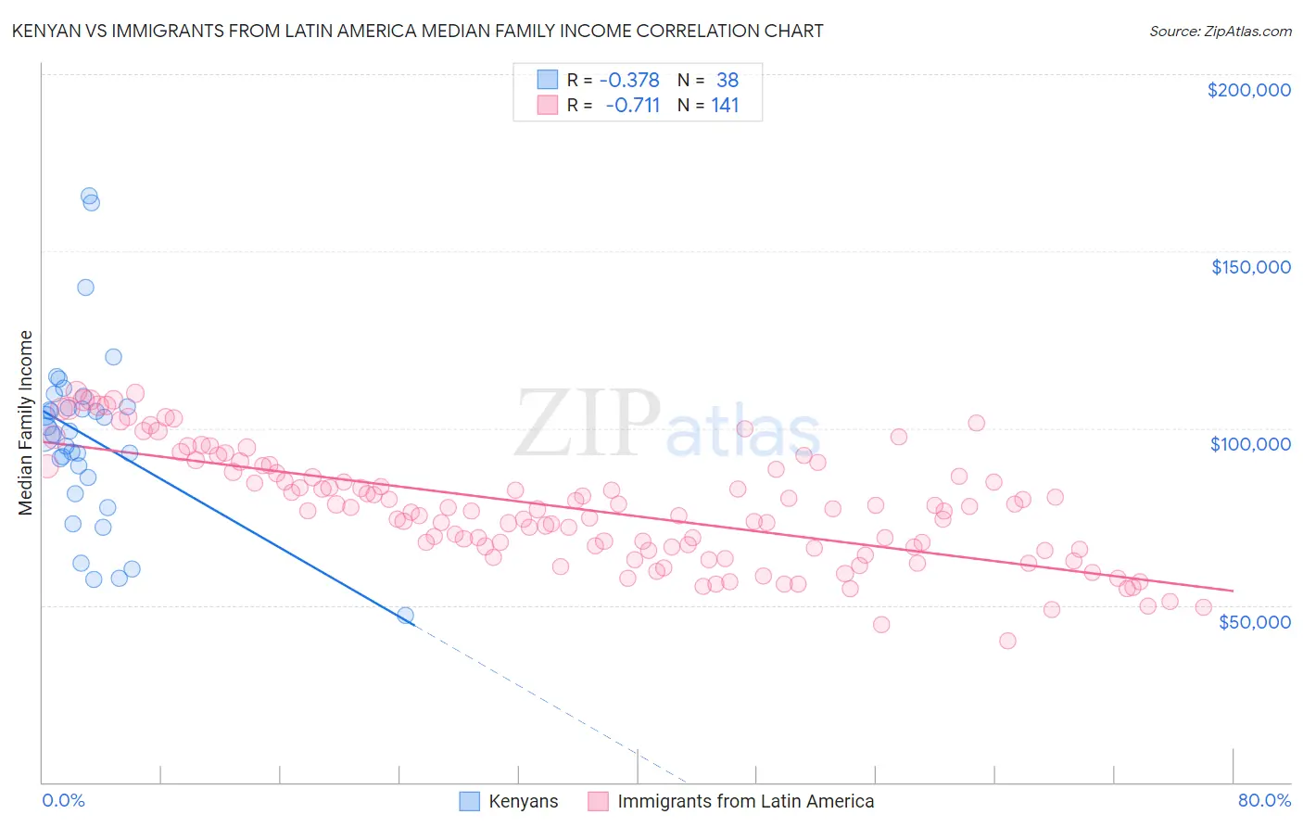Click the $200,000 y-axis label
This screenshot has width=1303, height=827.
tap(1248, 90)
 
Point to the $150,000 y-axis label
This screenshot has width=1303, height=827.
tap(1250, 267)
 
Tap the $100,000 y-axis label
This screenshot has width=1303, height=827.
tap(1250, 444)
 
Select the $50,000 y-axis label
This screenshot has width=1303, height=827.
tap(1254, 621)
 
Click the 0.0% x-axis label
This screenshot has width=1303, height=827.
tap(63, 800)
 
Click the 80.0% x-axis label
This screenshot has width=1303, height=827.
tap(1264, 800)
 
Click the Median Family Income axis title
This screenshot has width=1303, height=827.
tap(25, 423)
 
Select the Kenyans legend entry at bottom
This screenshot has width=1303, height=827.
tap(523, 801)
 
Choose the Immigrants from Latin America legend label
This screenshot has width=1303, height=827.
tap(745, 801)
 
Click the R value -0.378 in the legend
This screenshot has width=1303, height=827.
tap(629, 81)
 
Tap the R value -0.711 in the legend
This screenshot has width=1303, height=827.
tap(632, 106)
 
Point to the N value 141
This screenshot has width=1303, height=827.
tap(725, 106)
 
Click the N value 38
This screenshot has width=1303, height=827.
tap(727, 81)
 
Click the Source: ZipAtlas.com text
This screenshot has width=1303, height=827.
tap(1220, 31)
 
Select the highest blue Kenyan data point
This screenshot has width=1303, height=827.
tap(89, 197)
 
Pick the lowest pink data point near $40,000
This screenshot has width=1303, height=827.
tap(1007, 641)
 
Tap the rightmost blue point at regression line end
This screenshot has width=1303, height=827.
tap(405, 615)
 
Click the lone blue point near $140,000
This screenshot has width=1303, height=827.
tap(85, 287)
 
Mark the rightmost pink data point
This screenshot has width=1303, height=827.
tap(1203, 607)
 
